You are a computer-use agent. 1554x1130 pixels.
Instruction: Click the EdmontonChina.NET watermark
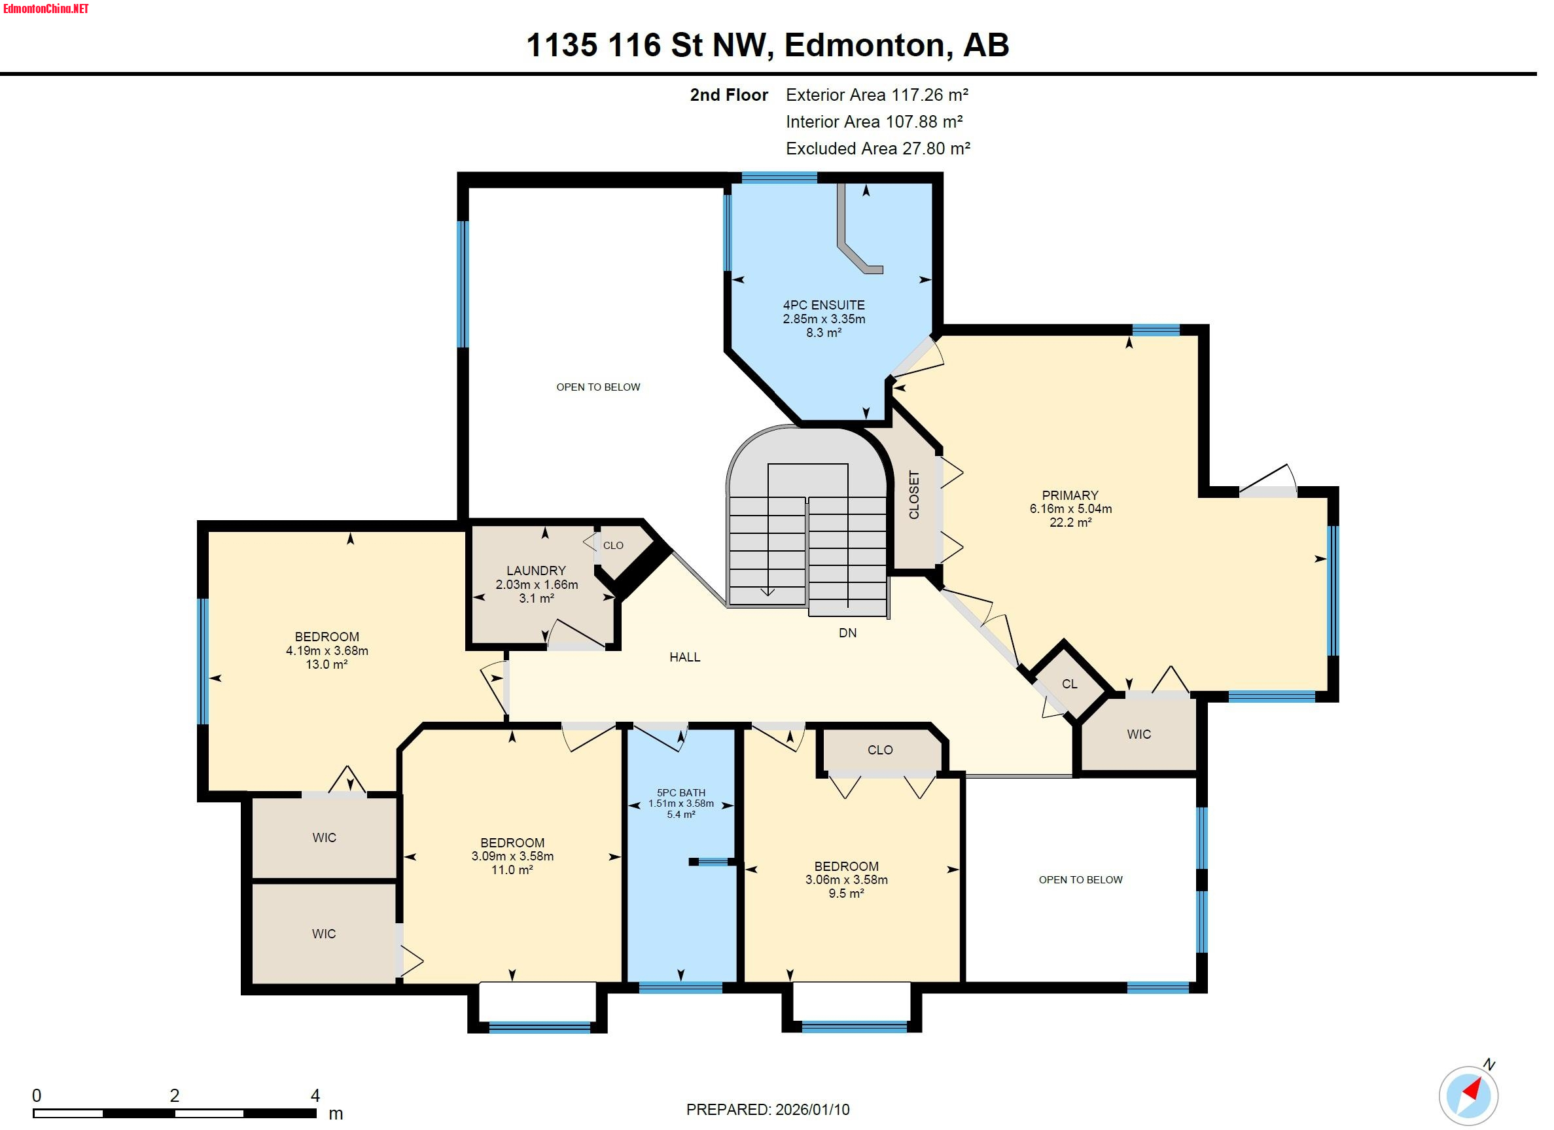46,9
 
